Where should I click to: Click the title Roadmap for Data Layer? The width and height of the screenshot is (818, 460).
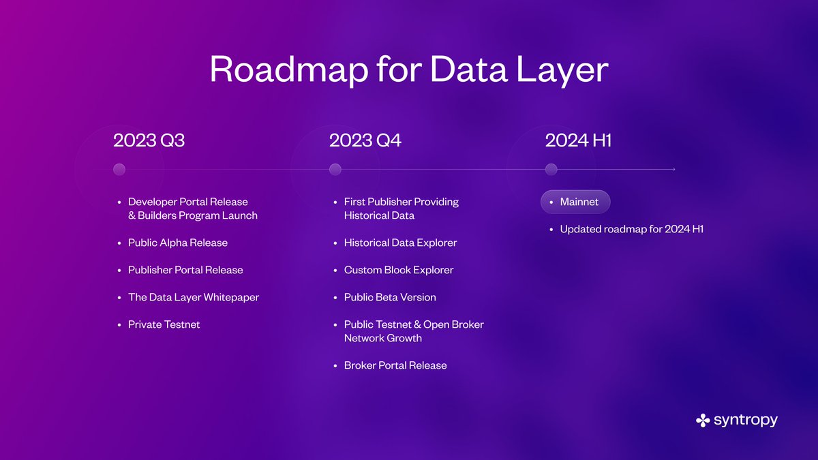tap(408, 68)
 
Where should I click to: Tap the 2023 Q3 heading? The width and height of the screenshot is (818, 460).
tap(149, 140)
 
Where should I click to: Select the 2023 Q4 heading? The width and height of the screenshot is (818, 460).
tap(365, 140)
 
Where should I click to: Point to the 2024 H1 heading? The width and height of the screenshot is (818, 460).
tap(577, 140)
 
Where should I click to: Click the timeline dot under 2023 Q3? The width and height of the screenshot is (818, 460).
tap(119, 170)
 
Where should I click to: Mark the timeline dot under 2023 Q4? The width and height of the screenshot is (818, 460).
tap(335, 170)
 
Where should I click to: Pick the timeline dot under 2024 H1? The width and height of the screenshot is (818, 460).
tap(551, 170)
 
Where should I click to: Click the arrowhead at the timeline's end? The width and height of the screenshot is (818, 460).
tap(673, 170)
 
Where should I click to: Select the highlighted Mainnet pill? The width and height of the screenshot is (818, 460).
tap(575, 202)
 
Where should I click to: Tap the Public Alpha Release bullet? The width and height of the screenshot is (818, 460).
tap(177, 243)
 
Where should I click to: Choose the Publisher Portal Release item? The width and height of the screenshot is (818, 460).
tap(185, 270)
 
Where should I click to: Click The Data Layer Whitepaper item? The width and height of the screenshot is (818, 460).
tap(193, 297)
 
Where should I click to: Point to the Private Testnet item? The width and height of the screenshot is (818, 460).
tap(164, 324)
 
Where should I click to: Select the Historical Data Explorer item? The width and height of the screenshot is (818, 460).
tap(400, 243)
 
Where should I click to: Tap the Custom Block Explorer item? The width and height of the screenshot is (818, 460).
tap(398, 270)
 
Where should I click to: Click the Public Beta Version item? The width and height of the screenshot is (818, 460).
tap(389, 297)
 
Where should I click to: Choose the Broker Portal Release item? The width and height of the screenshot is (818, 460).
tap(395, 365)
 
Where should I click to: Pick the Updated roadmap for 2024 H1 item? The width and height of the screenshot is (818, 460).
tap(631, 229)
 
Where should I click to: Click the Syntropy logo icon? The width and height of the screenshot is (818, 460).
tap(703, 420)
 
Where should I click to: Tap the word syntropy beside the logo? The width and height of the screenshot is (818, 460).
tap(746, 420)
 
